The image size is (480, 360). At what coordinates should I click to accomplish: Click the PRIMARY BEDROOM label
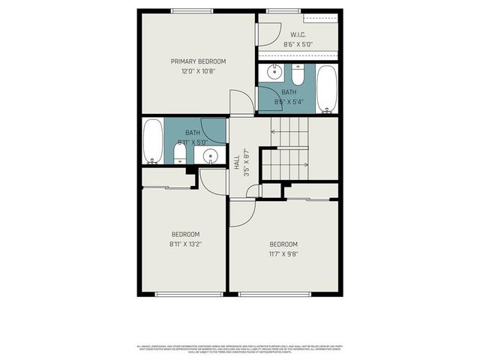198,61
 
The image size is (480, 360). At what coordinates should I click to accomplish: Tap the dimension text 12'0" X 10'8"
198,72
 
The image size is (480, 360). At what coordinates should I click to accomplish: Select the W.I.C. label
298,34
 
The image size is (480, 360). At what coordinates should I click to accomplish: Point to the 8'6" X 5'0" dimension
298,45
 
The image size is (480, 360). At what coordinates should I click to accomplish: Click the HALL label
237,162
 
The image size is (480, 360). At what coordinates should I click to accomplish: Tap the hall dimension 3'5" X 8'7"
247,162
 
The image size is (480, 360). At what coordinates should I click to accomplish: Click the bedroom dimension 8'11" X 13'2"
184,244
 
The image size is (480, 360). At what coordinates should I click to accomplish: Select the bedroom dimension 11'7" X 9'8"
283,254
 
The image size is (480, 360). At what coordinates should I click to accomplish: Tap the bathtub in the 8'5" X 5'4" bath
326,88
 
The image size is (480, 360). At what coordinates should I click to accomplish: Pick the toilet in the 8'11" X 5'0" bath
180,154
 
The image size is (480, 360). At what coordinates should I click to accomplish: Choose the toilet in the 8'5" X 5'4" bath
298,75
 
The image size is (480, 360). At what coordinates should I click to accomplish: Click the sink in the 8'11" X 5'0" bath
211,156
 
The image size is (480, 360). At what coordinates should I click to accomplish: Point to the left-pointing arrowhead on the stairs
272,133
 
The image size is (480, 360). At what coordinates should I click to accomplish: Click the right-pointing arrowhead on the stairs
306,164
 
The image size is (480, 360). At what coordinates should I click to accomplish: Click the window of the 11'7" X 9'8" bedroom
274,294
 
